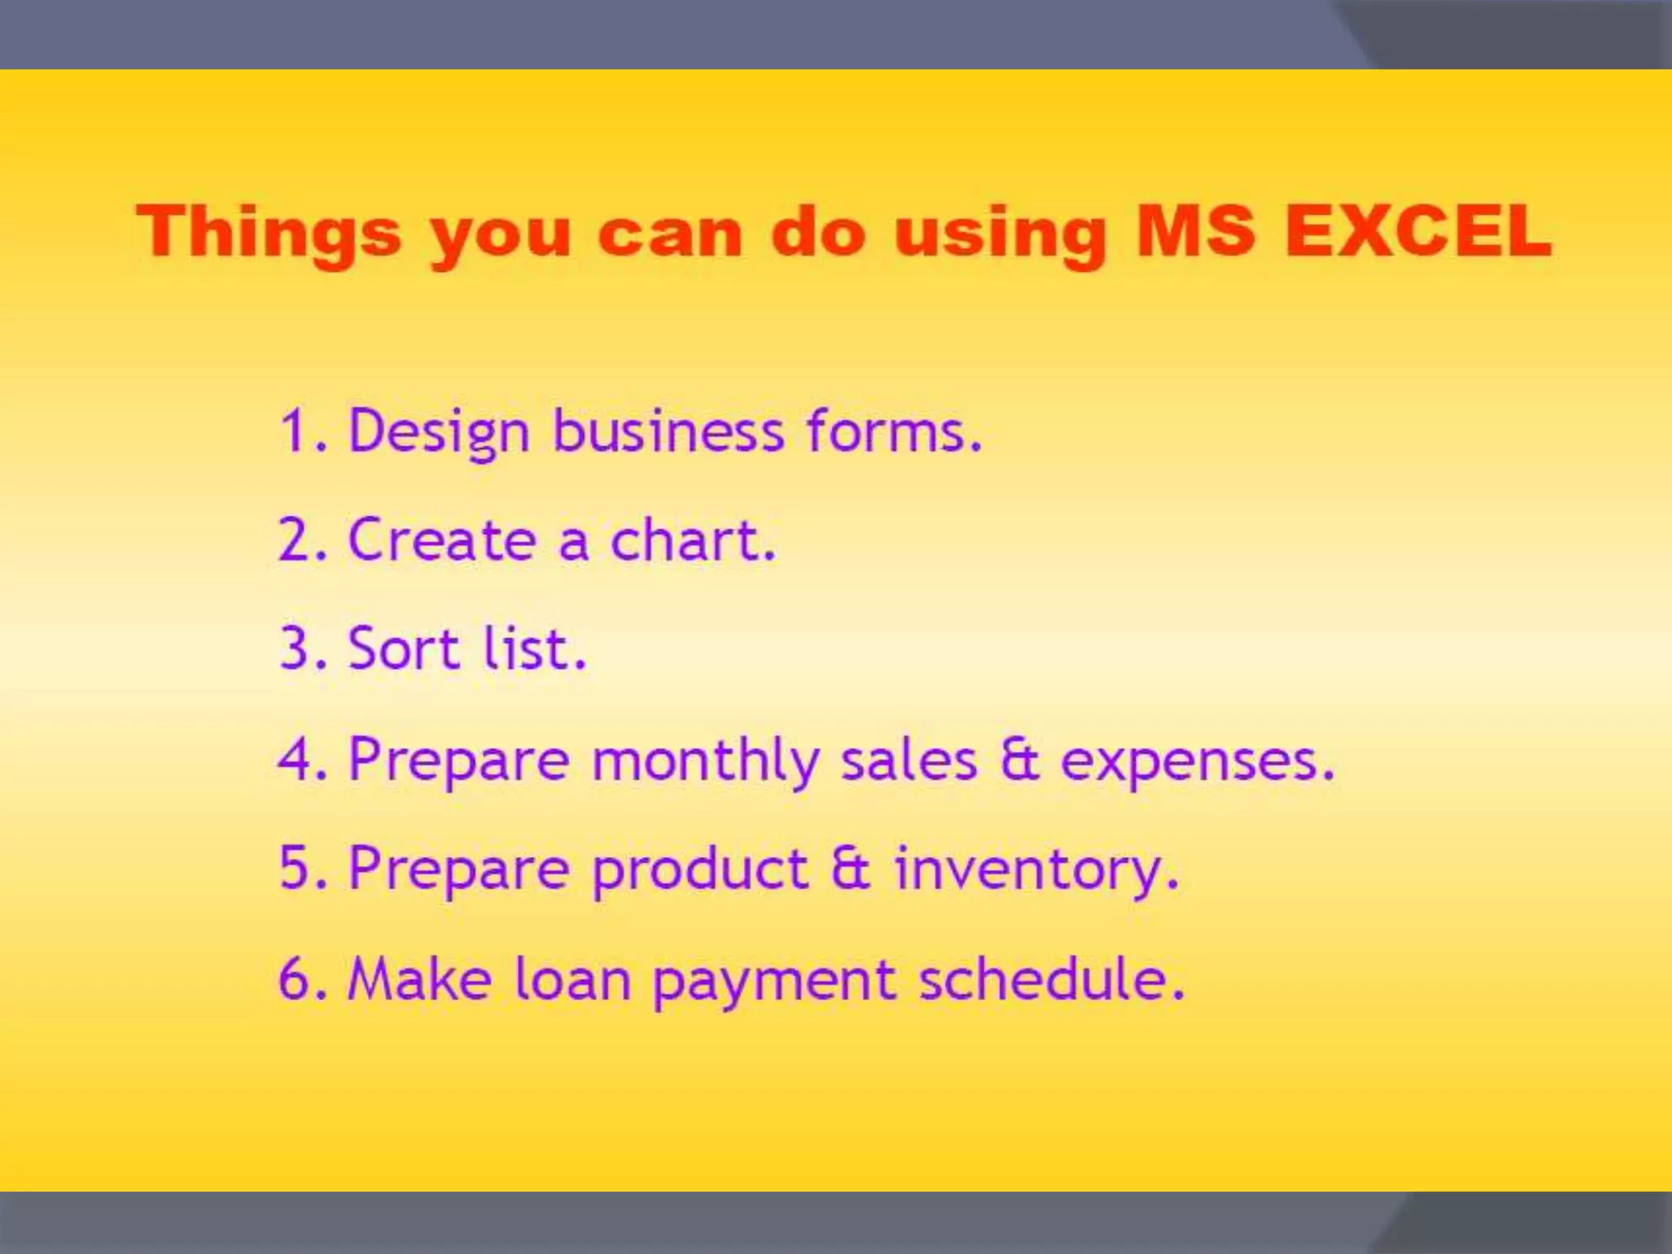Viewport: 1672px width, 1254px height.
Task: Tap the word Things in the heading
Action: coord(269,233)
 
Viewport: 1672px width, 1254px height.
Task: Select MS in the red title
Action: coord(1195,231)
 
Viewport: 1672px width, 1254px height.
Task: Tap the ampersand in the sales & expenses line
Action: coord(1019,760)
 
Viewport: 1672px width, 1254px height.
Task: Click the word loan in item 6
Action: coord(572,979)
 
